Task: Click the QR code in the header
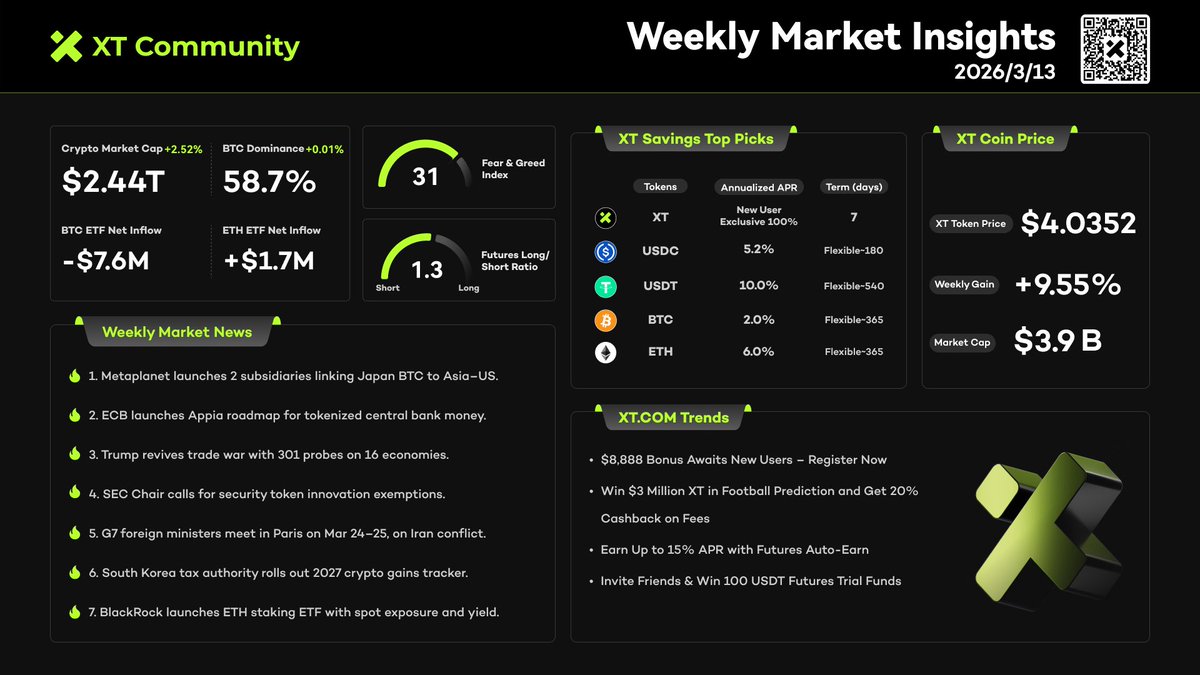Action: tap(1115, 49)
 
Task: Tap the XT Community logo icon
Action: tap(66, 46)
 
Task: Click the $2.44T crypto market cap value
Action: tap(113, 181)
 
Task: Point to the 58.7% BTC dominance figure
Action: tap(269, 181)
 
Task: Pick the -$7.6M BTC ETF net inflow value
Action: tap(105, 261)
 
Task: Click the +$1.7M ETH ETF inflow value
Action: tap(268, 261)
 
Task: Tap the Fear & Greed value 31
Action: tap(426, 177)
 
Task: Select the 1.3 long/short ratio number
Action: tap(427, 270)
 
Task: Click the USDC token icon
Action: tap(606, 252)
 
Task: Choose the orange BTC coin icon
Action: tap(606, 320)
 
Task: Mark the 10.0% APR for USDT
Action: tap(758, 286)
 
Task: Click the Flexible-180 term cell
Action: tap(853, 251)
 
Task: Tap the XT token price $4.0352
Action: tap(1078, 223)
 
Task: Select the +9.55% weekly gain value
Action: tap(1067, 284)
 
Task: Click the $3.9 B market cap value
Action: tap(1058, 341)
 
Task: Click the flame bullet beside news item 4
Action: tap(74, 493)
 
